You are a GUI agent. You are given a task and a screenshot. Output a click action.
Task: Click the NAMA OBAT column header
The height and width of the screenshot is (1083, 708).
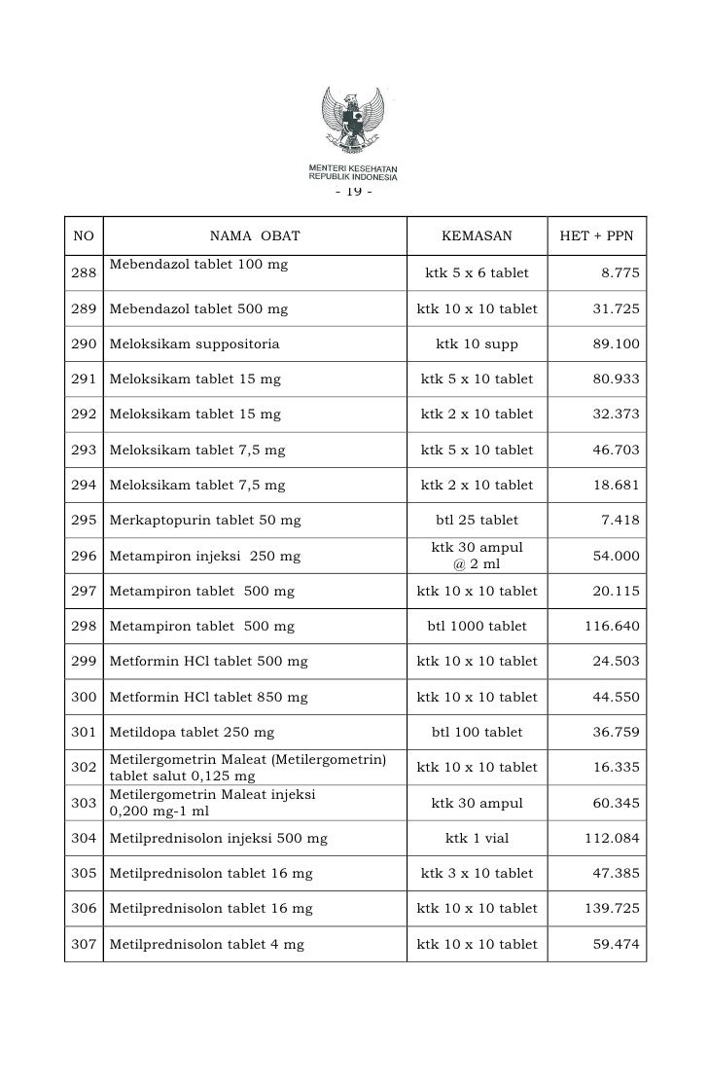pyautogui.click(x=255, y=235)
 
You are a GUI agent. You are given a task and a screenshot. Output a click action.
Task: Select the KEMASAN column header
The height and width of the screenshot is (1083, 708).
pyautogui.click(x=477, y=235)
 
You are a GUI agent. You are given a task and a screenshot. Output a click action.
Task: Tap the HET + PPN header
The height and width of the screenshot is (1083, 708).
pyautogui.click(x=596, y=235)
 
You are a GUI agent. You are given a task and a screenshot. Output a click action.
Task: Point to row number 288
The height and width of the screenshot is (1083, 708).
pyautogui.click(x=84, y=273)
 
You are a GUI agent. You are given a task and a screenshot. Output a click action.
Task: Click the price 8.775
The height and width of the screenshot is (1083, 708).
pyautogui.click(x=620, y=273)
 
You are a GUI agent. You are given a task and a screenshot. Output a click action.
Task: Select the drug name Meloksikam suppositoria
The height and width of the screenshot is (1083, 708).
pyautogui.click(x=195, y=343)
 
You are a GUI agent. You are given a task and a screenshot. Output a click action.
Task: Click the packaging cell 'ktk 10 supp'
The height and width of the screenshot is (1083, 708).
pyautogui.click(x=477, y=343)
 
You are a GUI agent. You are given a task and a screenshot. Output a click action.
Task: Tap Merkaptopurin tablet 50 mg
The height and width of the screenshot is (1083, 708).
pyautogui.click(x=206, y=520)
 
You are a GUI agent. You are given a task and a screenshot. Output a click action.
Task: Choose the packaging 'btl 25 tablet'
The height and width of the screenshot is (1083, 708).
pyautogui.click(x=477, y=520)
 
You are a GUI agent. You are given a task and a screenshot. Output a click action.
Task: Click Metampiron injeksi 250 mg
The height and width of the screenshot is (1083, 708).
pyautogui.click(x=205, y=556)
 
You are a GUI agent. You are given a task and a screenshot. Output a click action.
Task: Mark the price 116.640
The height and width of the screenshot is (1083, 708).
pyautogui.click(x=612, y=626)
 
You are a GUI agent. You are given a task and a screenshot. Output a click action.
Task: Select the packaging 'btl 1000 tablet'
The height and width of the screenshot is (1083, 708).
pyautogui.click(x=477, y=626)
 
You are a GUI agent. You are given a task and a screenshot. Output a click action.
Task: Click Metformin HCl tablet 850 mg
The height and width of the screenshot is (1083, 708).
pyautogui.click(x=209, y=697)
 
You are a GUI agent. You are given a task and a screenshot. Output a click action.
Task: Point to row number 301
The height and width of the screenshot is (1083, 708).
pyautogui.click(x=84, y=732)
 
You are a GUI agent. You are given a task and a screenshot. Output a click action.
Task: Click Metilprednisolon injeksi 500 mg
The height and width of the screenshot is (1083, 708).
pyautogui.click(x=219, y=838)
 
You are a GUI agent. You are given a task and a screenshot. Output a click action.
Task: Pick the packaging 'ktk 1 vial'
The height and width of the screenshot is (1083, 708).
pyautogui.click(x=477, y=838)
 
